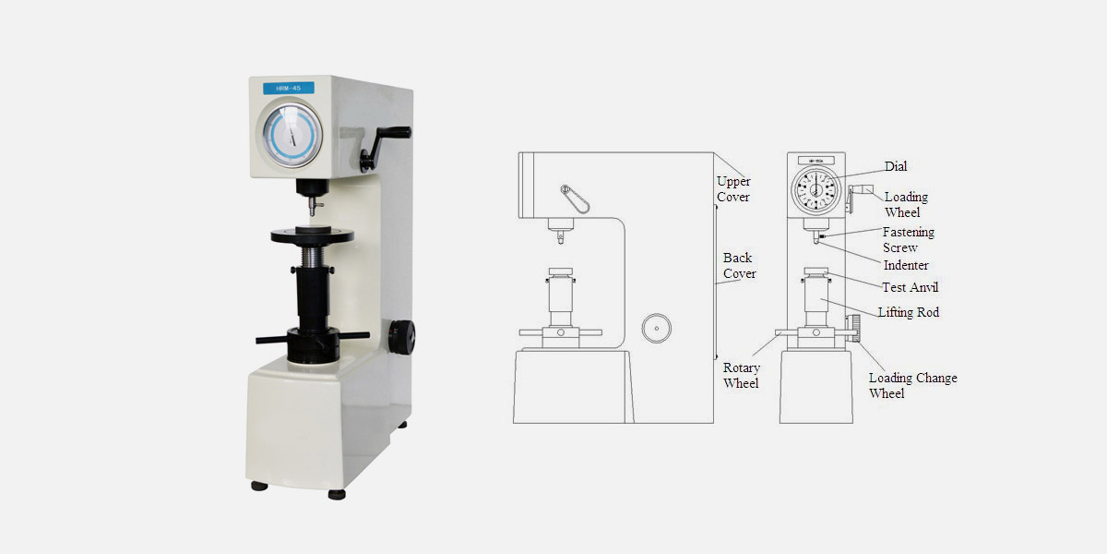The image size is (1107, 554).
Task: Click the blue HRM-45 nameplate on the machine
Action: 289,88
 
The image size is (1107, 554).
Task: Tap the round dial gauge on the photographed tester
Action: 292,135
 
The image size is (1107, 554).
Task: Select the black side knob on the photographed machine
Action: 401,337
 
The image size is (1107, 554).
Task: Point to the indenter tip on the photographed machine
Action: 313,212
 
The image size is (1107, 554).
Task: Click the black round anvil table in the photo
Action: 313,235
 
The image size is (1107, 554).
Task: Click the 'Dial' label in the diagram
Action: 896,166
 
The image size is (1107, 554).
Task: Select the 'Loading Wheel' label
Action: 906,204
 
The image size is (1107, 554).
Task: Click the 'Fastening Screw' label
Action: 909,239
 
